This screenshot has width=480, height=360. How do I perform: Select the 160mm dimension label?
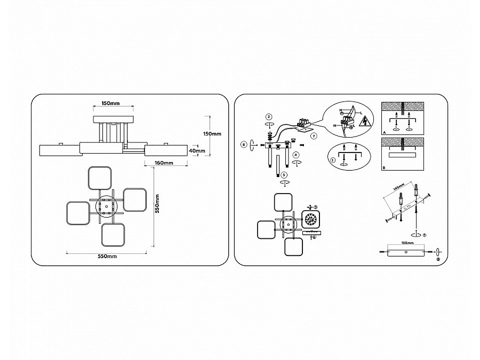pyautogui.click(x=163, y=162)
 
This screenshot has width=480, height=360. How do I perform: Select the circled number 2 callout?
pyautogui.click(x=269, y=116)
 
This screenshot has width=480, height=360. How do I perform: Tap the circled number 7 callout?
pyautogui.click(x=314, y=137)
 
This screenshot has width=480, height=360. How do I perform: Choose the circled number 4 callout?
pyautogui.click(x=295, y=155)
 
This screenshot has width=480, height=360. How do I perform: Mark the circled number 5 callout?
pyautogui.click(x=284, y=174)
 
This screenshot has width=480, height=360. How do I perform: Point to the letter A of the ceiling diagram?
pyautogui.click(x=383, y=132)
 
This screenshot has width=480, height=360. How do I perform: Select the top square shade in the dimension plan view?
pyautogui.click(x=99, y=178)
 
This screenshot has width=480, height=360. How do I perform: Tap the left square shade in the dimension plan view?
pyautogui.click(x=77, y=213)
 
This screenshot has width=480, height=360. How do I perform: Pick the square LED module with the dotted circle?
pyautogui.click(x=310, y=219)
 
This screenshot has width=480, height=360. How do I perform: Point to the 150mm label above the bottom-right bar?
pyautogui.click(x=407, y=243)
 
